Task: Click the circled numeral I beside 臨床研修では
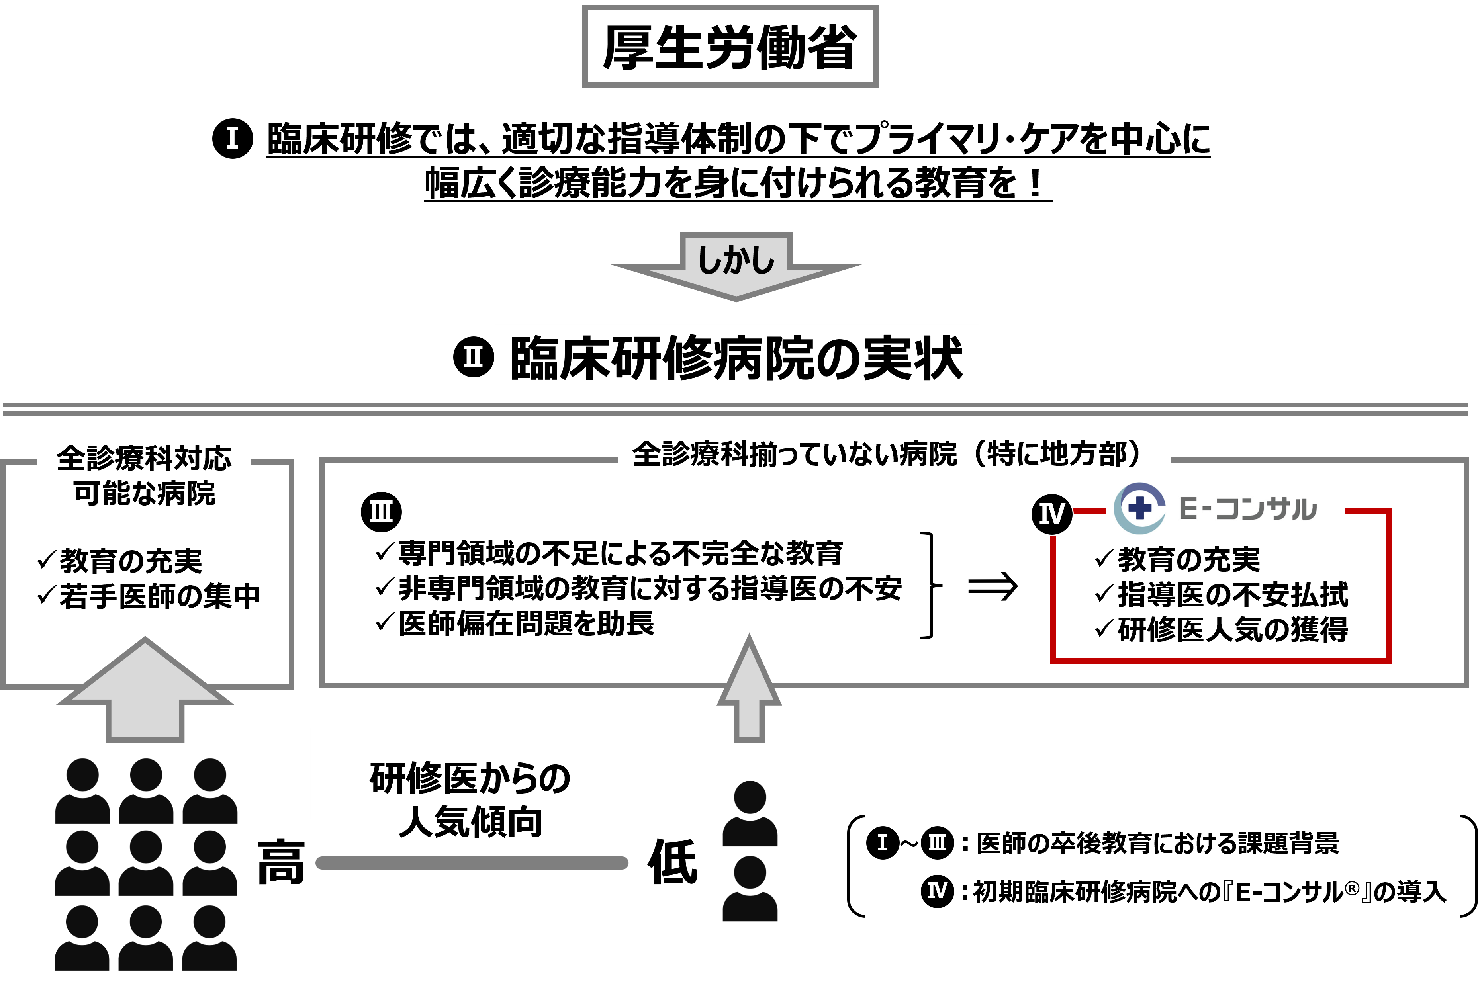[232, 139]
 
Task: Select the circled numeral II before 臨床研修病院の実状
[474, 357]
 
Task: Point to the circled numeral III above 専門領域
[381, 511]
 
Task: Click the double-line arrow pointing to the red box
[992, 586]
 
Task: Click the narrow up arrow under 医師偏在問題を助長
[749, 689]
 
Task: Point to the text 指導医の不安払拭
[1233, 594]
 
